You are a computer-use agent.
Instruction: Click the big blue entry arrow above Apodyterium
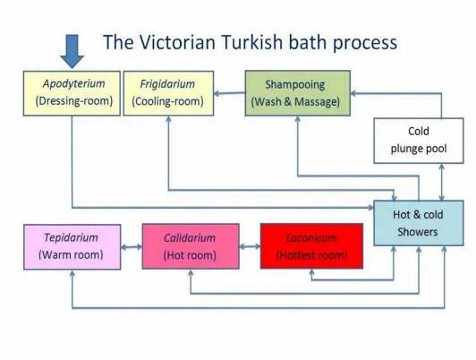point(72,51)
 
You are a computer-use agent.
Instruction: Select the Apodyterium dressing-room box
point(72,93)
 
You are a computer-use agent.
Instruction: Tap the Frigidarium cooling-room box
point(168,93)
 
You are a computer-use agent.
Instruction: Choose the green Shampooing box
point(297,93)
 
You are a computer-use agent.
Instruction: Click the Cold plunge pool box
point(419,141)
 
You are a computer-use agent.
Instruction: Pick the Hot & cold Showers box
point(419,223)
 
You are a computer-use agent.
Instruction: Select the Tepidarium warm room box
point(72,247)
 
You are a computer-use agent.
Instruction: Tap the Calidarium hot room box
point(191,246)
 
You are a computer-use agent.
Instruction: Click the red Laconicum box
point(311,246)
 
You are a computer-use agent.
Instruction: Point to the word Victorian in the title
point(177,42)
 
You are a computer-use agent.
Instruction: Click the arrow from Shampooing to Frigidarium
point(229,93)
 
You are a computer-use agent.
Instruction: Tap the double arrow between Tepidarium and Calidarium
point(132,247)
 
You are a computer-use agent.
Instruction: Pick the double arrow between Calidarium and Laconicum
point(250,246)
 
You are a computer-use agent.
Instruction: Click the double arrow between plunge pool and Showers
point(442,182)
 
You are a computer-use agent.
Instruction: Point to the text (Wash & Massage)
point(295,102)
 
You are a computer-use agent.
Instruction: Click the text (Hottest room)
point(311,255)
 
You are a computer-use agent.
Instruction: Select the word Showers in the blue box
point(418,232)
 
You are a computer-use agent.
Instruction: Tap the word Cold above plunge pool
point(419,132)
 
